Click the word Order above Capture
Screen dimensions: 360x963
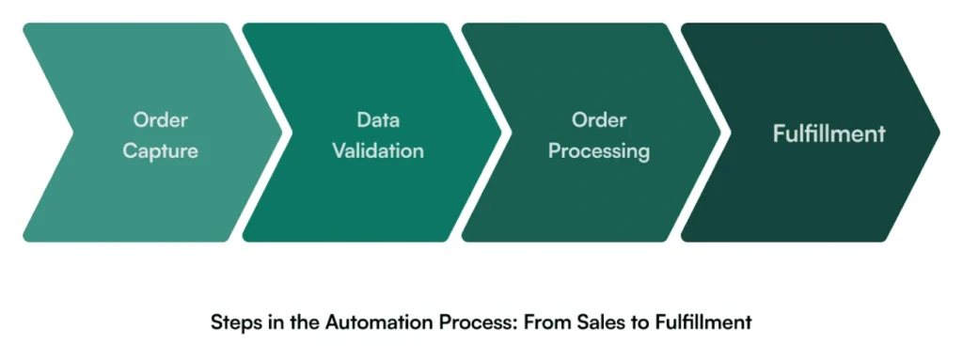(160, 120)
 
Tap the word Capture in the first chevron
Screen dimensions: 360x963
(160, 150)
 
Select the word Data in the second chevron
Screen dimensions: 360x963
(378, 120)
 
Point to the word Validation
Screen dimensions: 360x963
(378, 150)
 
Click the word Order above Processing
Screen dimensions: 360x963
(599, 120)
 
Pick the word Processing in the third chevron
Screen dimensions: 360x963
(599, 150)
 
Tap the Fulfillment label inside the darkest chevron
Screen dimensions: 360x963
(829, 133)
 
